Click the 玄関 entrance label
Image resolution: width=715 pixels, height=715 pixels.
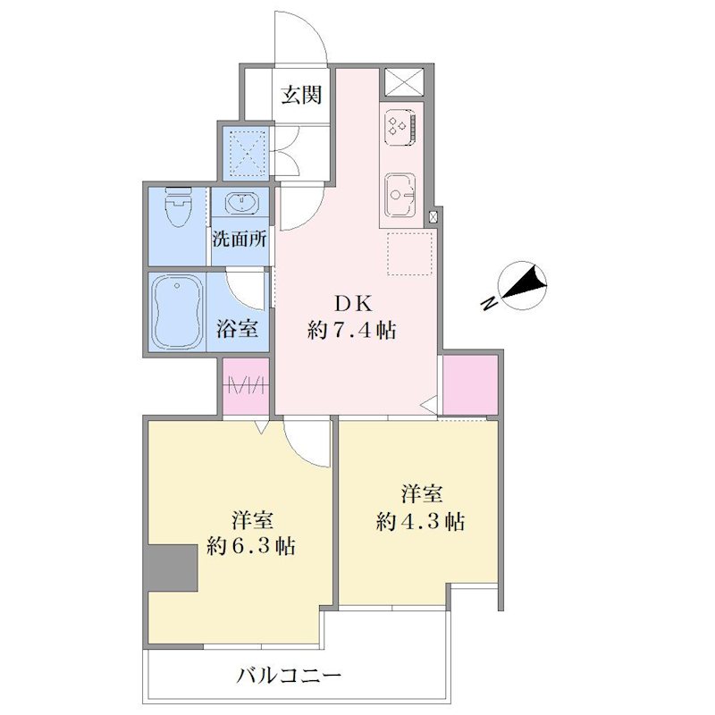pyautogui.click(x=301, y=95)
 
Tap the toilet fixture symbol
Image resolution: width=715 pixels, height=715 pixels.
pyautogui.click(x=178, y=207)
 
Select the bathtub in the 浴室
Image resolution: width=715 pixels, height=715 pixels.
pyautogui.click(x=177, y=311)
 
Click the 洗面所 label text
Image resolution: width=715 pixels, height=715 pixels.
pyautogui.click(x=240, y=239)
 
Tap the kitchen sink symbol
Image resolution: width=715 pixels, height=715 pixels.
pyautogui.click(x=400, y=195)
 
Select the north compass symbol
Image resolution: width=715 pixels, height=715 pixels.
pyautogui.click(x=524, y=285)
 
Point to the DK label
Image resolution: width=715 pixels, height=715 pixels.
pyautogui.click(x=354, y=304)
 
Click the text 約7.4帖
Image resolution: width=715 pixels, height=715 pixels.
pyautogui.click(x=351, y=330)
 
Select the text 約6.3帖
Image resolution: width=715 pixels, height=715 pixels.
pyautogui.click(x=251, y=546)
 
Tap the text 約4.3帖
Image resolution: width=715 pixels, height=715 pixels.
pyautogui.click(x=420, y=522)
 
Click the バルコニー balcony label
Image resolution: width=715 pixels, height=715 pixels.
pyautogui.click(x=289, y=676)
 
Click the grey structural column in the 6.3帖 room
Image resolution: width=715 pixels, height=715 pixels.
pyautogui.click(x=172, y=568)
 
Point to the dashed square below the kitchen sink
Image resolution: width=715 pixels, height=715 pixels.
pyautogui.click(x=409, y=254)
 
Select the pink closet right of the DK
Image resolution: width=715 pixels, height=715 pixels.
pyautogui.click(x=470, y=385)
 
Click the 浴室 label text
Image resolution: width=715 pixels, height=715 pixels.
pyautogui.click(x=238, y=328)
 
